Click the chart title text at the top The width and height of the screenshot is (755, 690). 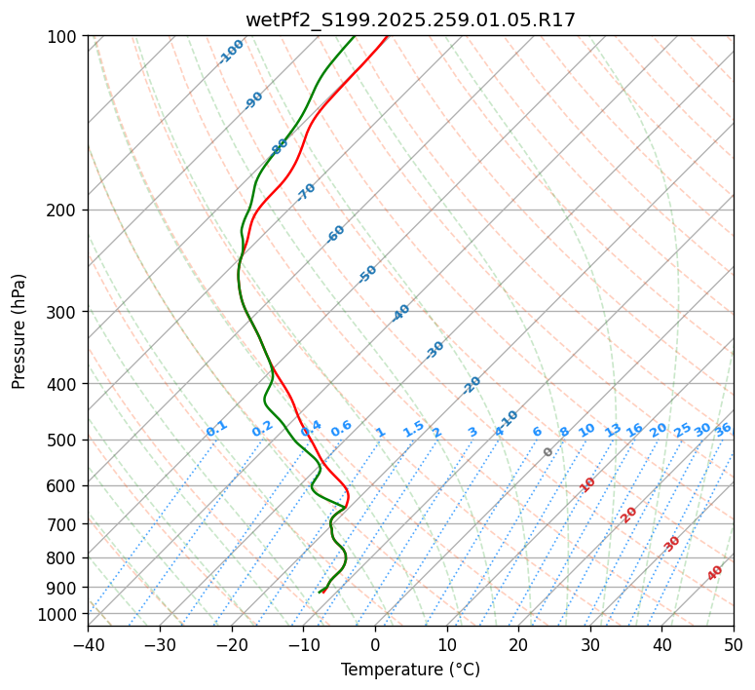(410, 19)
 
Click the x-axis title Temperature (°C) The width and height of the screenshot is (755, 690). (410, 670)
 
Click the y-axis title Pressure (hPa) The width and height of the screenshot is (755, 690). (19, 331)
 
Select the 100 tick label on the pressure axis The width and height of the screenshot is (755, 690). (65, 37)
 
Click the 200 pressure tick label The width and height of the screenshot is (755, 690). (65, 211)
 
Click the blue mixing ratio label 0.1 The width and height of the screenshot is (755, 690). (216, 428)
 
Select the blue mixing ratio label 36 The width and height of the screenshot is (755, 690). (723, 429)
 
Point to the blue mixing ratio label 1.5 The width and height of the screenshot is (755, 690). (413, 428)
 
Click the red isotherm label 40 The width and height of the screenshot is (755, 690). (715, 573)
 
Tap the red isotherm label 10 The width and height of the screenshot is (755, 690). (587, 484)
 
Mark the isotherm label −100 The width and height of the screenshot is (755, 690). (231, 52)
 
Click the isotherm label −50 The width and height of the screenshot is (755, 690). (366, 274)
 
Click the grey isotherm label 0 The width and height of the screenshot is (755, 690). (548, 452)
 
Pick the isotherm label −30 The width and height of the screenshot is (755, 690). (434, 349)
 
